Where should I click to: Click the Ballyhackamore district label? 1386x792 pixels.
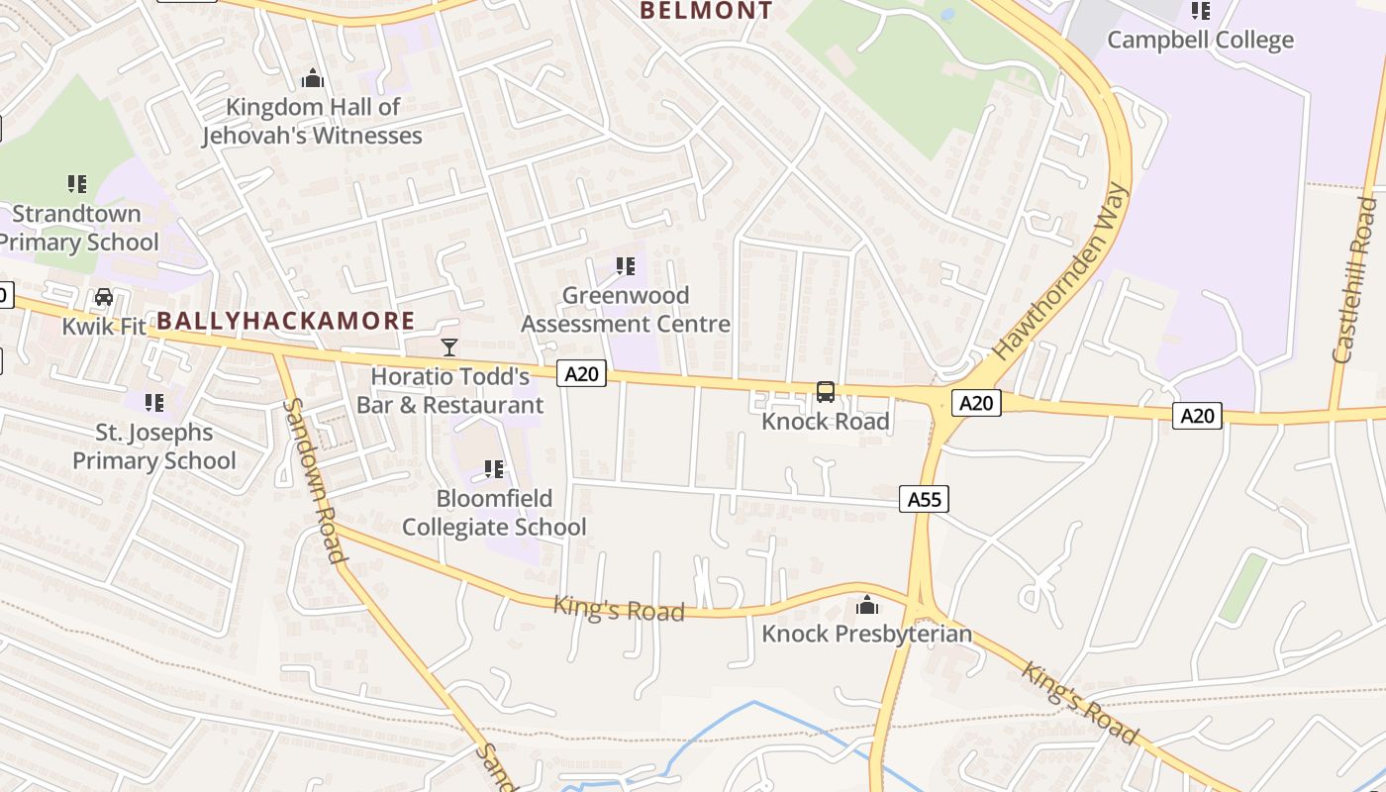(x=286, y=321)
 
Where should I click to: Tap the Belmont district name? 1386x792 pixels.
(x=706, y=11)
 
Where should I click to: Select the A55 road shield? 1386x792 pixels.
(x=924, y=499)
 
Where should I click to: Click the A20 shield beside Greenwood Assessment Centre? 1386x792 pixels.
(x=581, y=373)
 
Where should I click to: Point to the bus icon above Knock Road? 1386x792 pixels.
(x=826, y=392)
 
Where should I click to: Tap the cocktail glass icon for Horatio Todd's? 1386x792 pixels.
(x=449, y=346)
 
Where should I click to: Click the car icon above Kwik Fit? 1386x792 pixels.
(x=103, y=296)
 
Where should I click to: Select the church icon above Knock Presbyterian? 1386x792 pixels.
(x=867, y=604)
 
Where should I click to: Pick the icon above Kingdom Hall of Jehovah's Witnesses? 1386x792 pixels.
(x=313, y=78)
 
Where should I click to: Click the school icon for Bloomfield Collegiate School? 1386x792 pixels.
(x=493, y=468)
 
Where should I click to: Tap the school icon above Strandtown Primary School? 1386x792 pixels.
(x=77, y=183)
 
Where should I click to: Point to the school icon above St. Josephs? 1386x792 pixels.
(x=154, y=402)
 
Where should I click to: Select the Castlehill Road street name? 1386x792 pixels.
(x=1355, y=280)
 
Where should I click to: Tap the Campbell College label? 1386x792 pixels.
(x=1200, y=40)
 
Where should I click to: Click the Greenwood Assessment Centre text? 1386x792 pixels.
(x=626, y=310)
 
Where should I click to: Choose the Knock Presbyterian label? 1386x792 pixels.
(x=866, y=634)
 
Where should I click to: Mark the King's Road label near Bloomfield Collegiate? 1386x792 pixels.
(x=619, y=609)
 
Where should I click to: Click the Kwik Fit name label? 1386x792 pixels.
(x=103, y=326)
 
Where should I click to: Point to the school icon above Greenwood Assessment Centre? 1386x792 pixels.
(x=625, y=265)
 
